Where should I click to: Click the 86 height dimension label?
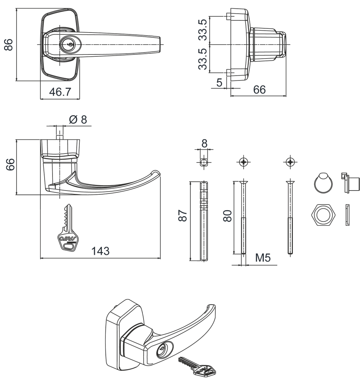pyautogui.click(x=9, y=45)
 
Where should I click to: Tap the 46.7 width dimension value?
pyautogui.click(x=60, y=92)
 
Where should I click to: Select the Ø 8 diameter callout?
pyautogui.click(x=78, y=119)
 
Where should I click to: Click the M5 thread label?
pyautogui.click(x=263, y=258)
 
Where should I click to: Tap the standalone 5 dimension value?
pyautogui.click(x=219, y=82)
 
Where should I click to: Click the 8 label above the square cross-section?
pyautogui.click(x=204, y=144)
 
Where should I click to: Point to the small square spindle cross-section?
pyautogui.click(x=204, y=163)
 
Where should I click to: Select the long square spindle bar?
pyautogui.click(x=204, y=220)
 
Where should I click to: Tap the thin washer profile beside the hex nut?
pyautogui.click(x=348, y=215)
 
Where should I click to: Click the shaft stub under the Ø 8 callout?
pyautogui.click(x=59, y=133)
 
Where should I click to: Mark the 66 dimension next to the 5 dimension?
pyautogui.click(x=259, y=90)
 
